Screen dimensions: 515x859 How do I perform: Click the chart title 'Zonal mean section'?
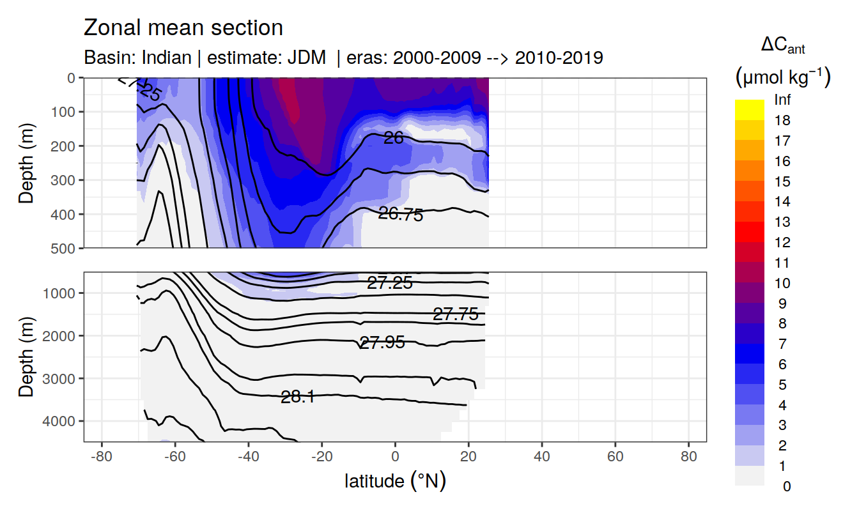click(x=183, y=28)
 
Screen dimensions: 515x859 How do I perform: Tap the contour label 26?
click(x=394, y=137)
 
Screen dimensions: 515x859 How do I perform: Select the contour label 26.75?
click(x=401, y=215)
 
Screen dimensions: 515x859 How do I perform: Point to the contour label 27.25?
click(x=390, y=283)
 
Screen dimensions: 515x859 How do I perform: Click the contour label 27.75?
click(x=456, y=314)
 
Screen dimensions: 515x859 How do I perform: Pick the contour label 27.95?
click(x=382, y=342)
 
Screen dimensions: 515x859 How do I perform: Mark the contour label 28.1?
click(x=298, y=397)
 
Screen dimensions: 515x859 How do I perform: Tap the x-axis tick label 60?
click(x=615, y=458)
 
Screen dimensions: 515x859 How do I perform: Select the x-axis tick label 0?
click(x=395, y=458)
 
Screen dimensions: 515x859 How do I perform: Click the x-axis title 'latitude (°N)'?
click(x=395, y=480)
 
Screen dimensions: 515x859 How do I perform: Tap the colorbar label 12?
click(x=782, y=243)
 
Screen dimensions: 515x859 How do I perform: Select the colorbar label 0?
click(x=786, y=486)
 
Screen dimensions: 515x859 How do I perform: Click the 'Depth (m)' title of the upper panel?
click(x=26, y=162)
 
